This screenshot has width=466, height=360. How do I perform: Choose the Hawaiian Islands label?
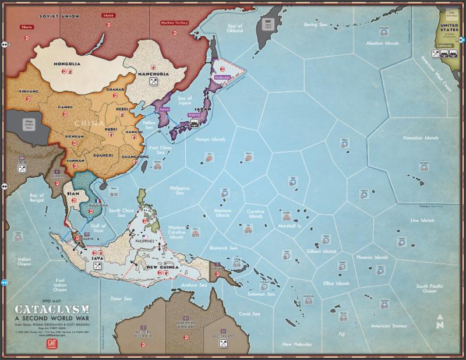(419, 137)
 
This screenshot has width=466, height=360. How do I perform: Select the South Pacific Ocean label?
(429, 288)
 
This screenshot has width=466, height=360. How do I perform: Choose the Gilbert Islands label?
(321, 251)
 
